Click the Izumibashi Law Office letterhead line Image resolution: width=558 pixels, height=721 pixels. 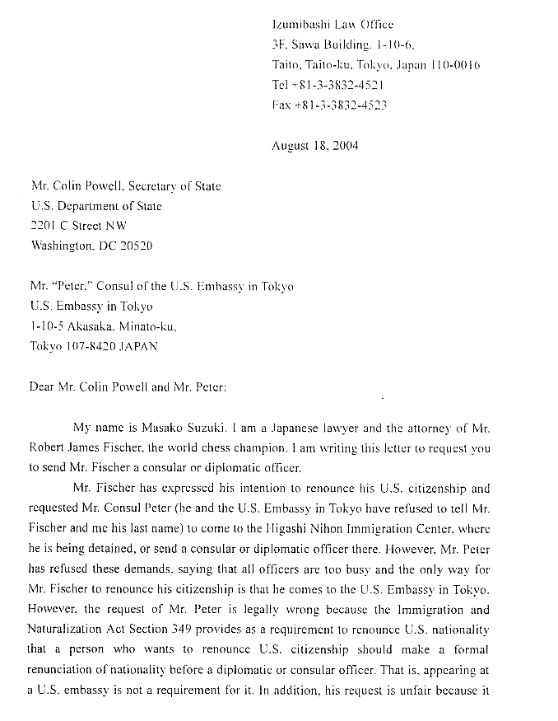pyautogui.click(x=332, y=25)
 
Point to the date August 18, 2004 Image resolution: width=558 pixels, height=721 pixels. pyautogui.click(x=314, y=146)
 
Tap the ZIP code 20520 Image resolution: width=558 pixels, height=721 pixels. pyautogui.click(x=136, y=246)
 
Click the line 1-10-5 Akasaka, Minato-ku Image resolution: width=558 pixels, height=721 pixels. pyautogui.click(x=103, y=326)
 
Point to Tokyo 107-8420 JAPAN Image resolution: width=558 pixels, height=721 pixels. pyautogui.click(x=94, y=346)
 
